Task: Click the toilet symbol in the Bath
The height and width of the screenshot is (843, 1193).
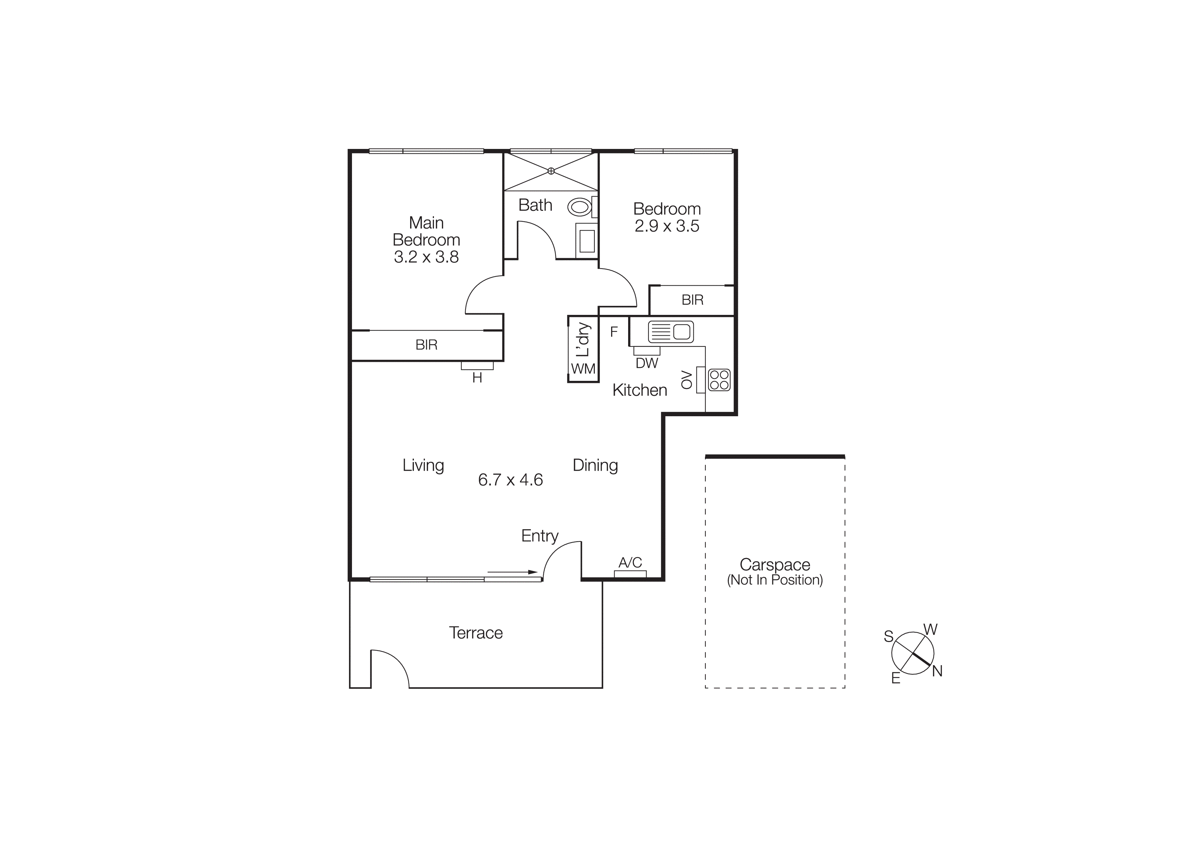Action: [x=579, y=207]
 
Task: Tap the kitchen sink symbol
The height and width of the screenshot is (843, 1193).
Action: [x=671, y=331]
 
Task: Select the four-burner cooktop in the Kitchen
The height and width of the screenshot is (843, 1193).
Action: [x=719, y=380]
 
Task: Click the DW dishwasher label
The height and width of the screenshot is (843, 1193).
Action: [x=647, y=364]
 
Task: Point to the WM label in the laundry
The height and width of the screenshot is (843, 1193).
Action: [x=583, y=369]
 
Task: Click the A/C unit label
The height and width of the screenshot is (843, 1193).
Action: [x=630, y=562]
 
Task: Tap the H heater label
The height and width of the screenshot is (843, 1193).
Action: [x=477, y=378]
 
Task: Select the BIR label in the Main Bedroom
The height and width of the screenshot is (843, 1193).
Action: [x=426, y=345]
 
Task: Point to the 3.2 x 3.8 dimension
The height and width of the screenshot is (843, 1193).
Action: [x=426, y=257]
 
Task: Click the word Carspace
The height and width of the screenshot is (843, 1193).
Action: [x=775, y=564]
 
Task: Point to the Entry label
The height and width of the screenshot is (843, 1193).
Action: [x=539, y=536]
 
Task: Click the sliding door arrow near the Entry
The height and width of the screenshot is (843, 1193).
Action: [x=512, y=572]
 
